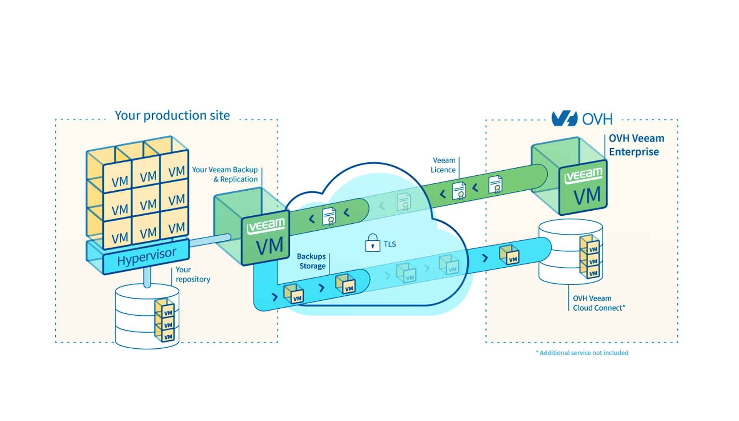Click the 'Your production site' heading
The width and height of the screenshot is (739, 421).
pyautogui.click(x=172, y=115)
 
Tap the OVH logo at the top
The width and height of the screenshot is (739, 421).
pyautogui.click(x=582, y=119)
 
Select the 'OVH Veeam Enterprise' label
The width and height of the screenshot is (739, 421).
pyautogui.click(x=636, y=145)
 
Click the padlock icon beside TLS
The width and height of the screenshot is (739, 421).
pyautogui.click(x=372, y=243)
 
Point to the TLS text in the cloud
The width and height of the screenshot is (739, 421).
pyautogui.click(x=390, y=245)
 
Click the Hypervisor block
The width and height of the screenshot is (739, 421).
pyautogui.click(x=146, y=257)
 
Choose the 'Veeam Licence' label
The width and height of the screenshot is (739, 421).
pyautogui.click(x=443, y=165)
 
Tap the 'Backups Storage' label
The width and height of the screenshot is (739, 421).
pyautogui.click(x=311, y=261)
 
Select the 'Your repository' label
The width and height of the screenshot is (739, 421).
pyautogui.click(x=192, y=275)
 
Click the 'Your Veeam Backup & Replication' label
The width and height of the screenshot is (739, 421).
pyautogui.click(x=225, y=174)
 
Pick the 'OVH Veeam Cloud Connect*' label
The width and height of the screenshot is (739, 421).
pyautogui.click(x=599, y=303)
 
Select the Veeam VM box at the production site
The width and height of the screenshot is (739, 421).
pyautogui.click(x=266, y=237)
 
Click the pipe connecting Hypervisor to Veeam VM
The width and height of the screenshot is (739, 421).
pyautogui.click(x=210, y=240)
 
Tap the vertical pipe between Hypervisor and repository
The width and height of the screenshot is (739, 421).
pyautogui.click(x=147, y=278)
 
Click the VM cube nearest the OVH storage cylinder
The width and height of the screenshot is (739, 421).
pyautogui.click(x=509, y=255)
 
